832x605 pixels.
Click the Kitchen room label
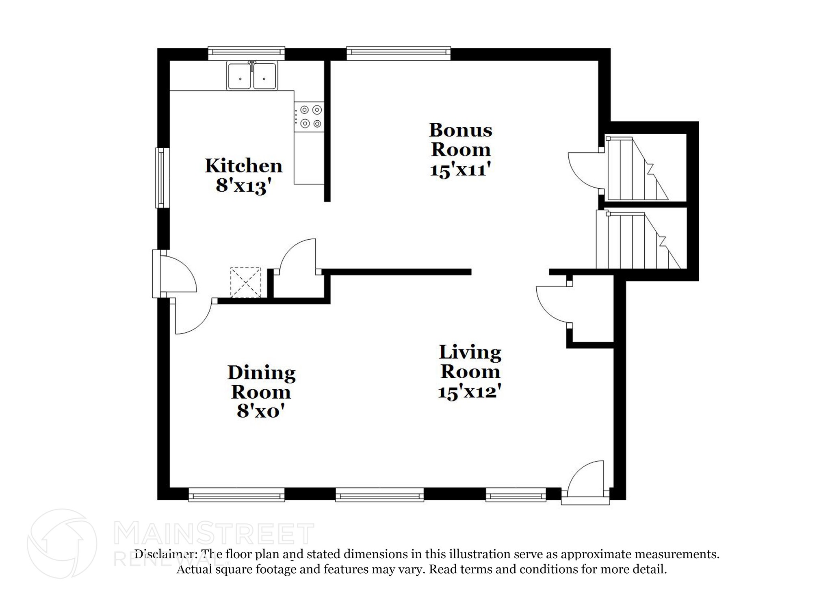243,166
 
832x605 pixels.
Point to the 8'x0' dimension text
260,412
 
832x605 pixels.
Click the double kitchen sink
252,76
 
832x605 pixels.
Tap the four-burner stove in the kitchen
309,117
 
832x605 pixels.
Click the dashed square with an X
245,282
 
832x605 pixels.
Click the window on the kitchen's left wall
162,178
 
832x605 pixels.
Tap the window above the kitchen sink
246,53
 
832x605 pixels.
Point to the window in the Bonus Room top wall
398,53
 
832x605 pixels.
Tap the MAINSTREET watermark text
214,534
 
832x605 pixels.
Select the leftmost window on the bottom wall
236,496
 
